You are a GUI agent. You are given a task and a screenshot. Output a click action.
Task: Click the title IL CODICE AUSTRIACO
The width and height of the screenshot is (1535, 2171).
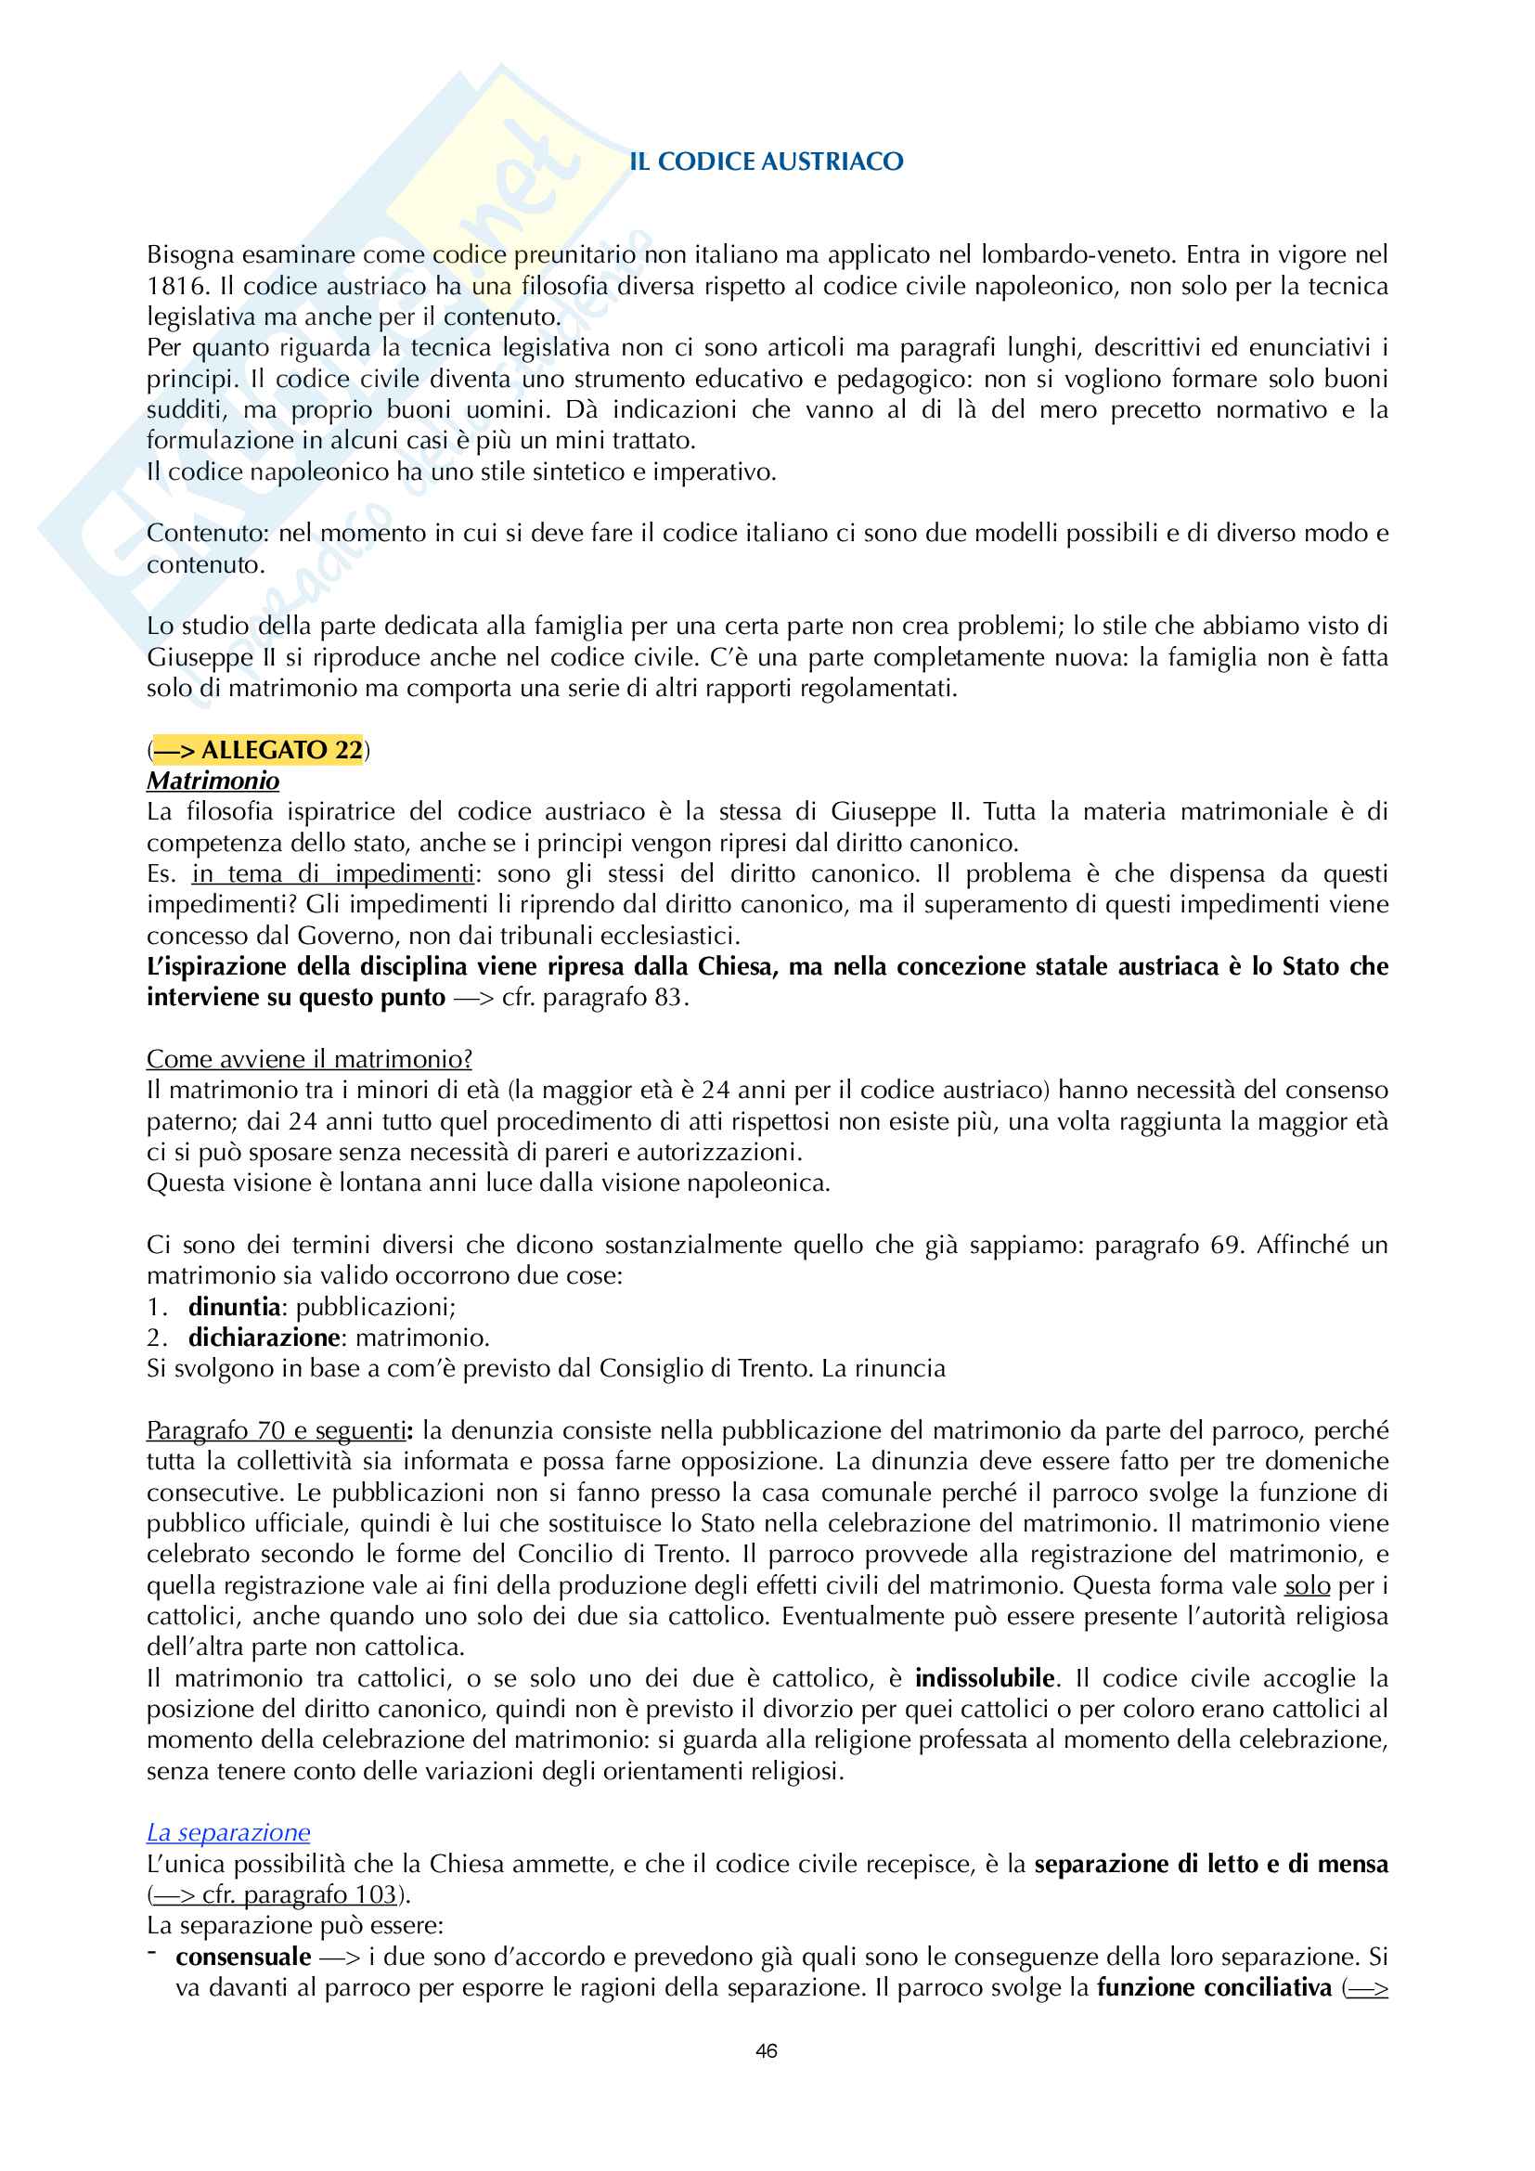point(766,162)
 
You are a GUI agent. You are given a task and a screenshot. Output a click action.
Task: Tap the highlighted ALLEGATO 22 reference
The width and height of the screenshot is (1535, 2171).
point(257,750)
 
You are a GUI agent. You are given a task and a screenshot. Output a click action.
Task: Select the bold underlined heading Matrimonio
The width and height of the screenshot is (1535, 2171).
point(213,781)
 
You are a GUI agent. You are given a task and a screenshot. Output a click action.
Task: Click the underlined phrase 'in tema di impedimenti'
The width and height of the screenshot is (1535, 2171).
point(333,872)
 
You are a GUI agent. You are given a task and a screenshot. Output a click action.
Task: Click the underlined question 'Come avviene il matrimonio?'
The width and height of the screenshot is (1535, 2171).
point(309,1059)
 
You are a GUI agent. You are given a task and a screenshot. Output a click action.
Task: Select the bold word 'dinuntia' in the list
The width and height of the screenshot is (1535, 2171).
point(235,1307)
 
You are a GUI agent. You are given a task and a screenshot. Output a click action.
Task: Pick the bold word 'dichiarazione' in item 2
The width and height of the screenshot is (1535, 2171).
point(264,1338)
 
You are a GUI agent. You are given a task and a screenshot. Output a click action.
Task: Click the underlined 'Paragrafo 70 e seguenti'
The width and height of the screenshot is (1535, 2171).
point(276,1430)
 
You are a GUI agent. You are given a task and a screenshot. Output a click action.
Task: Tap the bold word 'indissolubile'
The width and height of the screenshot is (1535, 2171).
point(984,1678)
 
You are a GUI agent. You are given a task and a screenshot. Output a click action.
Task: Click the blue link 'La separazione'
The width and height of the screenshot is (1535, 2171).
point(227,1832)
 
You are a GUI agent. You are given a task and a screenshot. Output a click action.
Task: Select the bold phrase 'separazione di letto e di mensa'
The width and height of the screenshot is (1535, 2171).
point(1211,1864)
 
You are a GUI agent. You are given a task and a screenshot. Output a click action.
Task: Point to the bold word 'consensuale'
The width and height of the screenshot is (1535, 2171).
point(243,1957)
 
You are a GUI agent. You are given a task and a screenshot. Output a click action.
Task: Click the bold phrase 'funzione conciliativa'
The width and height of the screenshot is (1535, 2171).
point(1214,1987)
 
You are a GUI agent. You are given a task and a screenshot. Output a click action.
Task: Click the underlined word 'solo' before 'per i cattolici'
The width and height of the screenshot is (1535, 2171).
point(1308,1585)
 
